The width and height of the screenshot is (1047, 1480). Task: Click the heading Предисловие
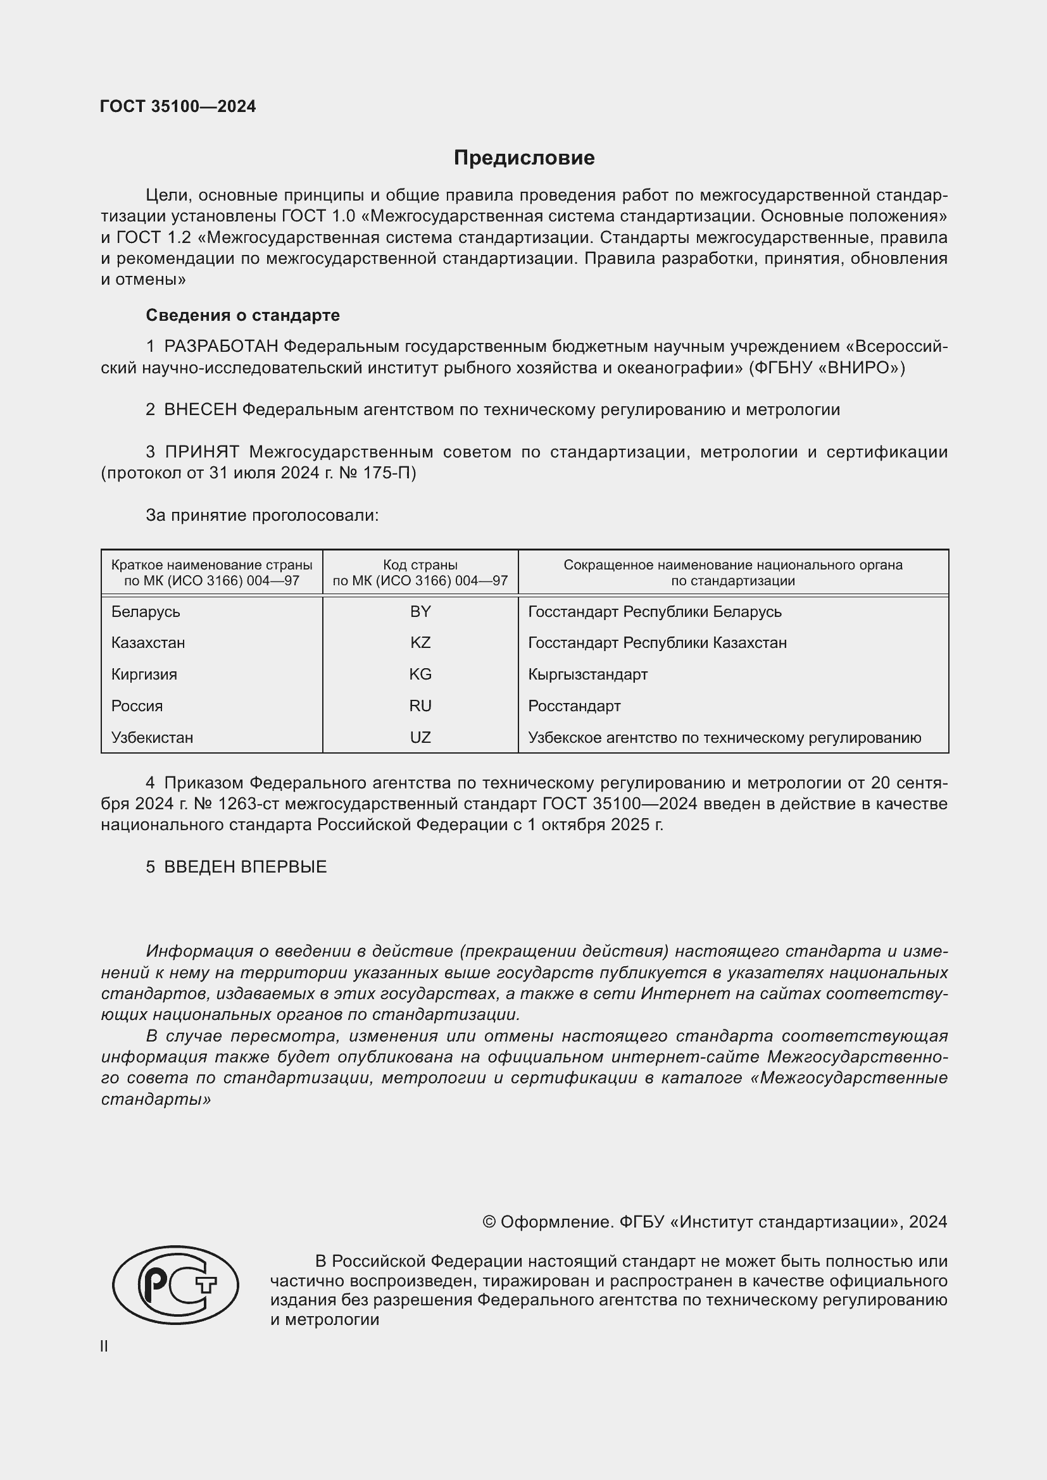pos(523,158)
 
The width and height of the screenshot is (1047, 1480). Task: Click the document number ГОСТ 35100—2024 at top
pos(178,106)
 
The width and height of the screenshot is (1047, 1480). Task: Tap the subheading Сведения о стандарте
pos(242,315)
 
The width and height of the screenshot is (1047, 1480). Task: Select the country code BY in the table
pos(420,612)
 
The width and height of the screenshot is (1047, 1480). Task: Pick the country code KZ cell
pos(420,643)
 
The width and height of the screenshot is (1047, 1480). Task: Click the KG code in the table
pos(420,675)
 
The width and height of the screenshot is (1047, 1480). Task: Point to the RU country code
pos(420,706)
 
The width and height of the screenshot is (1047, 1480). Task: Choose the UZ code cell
pos(420,737)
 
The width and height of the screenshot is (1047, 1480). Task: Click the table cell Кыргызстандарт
pos(587,675)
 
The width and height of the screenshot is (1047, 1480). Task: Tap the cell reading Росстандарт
pos(574,706)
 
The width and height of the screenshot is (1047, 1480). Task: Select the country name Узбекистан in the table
pos(152,737)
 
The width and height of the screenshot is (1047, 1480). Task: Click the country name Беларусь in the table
pos(146,612)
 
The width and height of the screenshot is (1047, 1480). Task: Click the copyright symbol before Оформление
pos(489,1222)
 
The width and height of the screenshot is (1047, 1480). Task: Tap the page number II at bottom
pos(104,1346)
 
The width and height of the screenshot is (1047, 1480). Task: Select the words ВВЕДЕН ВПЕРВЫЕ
pos(246,867)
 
